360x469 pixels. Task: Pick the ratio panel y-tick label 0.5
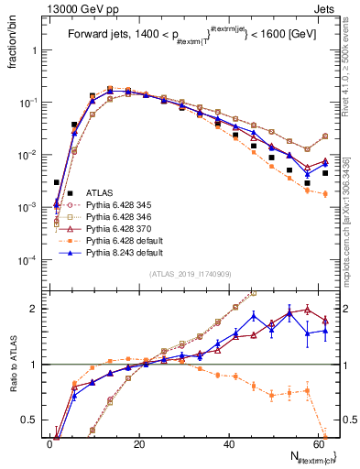point(30,420)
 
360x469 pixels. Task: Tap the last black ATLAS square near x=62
point(324,173)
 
